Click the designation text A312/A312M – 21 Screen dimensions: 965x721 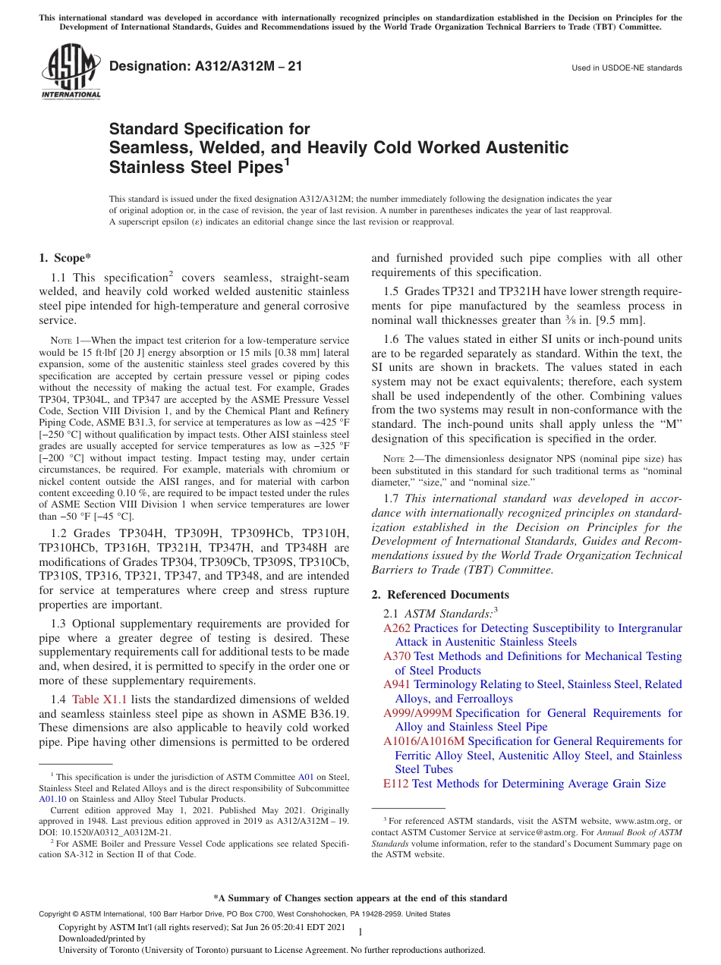(x=206, y=67)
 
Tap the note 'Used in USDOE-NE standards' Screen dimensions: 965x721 (x=626, y=68)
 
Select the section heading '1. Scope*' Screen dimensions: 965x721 (x=65, y=258)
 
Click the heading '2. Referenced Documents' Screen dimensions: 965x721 (x=440, y=595)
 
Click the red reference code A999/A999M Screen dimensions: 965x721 (x=417, y=713)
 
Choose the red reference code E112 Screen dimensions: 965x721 (x=395, y=784)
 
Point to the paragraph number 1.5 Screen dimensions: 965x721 (x=392, y=291)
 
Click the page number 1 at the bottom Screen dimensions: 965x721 (x=360, y=932)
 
